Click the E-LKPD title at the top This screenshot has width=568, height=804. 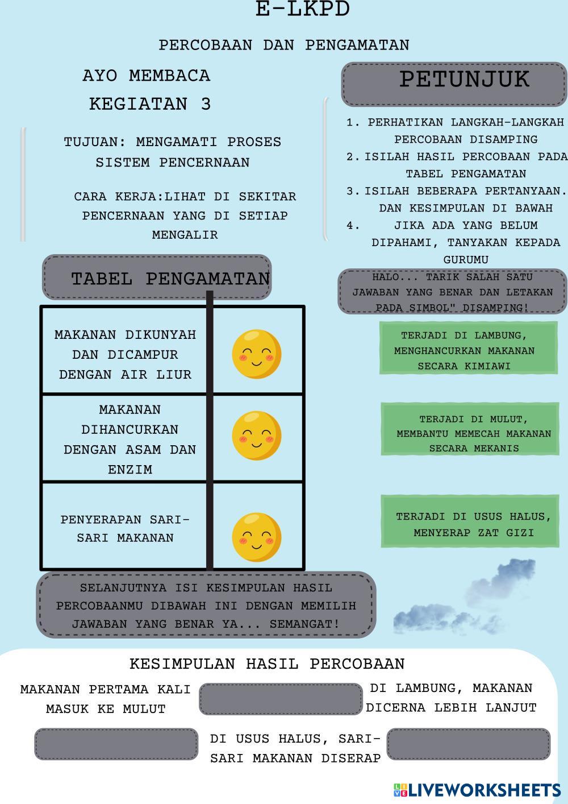point(302,9)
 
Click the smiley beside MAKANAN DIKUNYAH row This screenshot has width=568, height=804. point(256,354)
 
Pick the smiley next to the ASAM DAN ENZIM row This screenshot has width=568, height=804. point(256,435)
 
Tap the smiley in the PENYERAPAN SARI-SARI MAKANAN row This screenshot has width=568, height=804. point(256,537)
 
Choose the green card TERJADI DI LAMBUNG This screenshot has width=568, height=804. point(468,348)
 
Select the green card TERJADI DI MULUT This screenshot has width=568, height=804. point(469,429)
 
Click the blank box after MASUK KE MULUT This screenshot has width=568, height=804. point(281,699)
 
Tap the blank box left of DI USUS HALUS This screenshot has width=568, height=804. point(116,744)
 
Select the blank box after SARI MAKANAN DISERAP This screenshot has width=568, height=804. point(469,744)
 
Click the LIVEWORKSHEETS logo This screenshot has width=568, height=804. point(477,790)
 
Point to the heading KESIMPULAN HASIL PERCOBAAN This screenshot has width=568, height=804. point(267,664)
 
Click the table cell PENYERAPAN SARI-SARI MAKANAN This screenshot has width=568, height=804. point(125,528)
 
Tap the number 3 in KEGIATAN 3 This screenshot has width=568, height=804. point(206,104)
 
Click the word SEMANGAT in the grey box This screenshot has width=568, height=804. point(304,624)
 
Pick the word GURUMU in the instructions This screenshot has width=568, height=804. point(466,259)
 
